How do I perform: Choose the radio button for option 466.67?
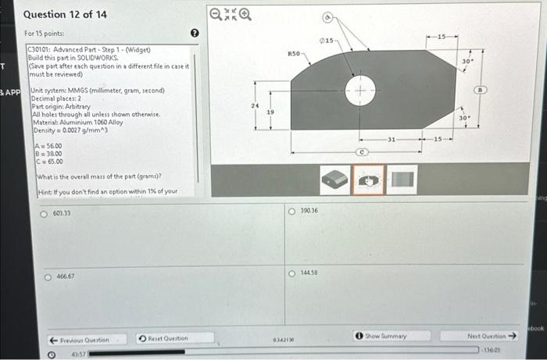tap(48, 276)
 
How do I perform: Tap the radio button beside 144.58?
tap(291, 273)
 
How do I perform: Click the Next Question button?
tap(492, 336)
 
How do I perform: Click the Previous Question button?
tap(80, 340)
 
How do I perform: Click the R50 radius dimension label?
tap(295, 54)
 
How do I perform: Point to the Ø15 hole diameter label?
tap(327, 40)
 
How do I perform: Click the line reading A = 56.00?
tap(48, 146)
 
